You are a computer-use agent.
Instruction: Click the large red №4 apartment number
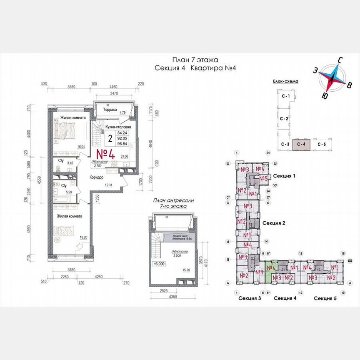pyautogui.click(x=106, y=153)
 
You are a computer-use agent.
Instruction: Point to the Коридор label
pyautogui.click(x=97, y=177)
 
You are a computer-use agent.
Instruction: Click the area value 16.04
pyautogui.click(x=81, y=147)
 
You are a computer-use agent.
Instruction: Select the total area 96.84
pyautogui.click(x=122, y=142)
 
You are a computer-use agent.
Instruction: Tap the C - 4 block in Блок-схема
pyautogui.click(x=301, y=144)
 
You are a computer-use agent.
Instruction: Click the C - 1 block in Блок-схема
pyautogui.click(x=285, y=97)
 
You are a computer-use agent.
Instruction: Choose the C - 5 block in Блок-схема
pyautogui.click(x=322, y=144)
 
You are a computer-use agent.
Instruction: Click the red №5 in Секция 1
pyautogui.click(x=263, y=179)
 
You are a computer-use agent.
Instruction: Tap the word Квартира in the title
pyautogui.click(x=203, y=69)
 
